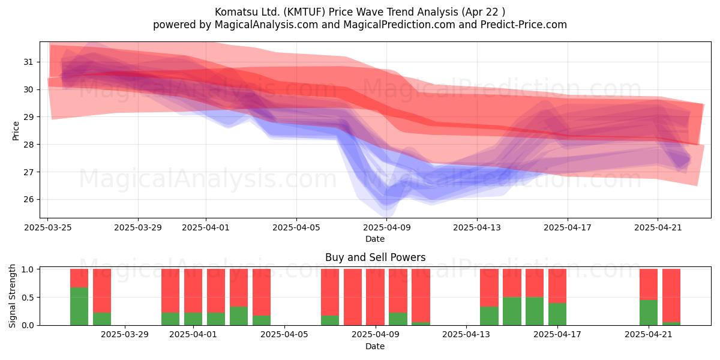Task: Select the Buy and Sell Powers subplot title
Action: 375,257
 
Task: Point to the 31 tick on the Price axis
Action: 28,62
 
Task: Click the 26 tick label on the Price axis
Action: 28,199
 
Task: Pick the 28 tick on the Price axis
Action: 28,145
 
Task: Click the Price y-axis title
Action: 16,131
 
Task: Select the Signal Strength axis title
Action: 12,296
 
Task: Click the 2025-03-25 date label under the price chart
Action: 48,227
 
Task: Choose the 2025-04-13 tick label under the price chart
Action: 477,227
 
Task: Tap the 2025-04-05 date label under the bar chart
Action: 284,335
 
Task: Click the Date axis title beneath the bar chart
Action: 375,346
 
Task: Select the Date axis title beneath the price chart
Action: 375,239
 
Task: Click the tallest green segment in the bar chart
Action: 79,307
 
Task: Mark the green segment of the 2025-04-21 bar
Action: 649,313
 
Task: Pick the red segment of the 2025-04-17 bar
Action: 557,286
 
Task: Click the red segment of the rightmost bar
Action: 671,296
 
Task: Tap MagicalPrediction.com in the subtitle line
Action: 399,25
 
